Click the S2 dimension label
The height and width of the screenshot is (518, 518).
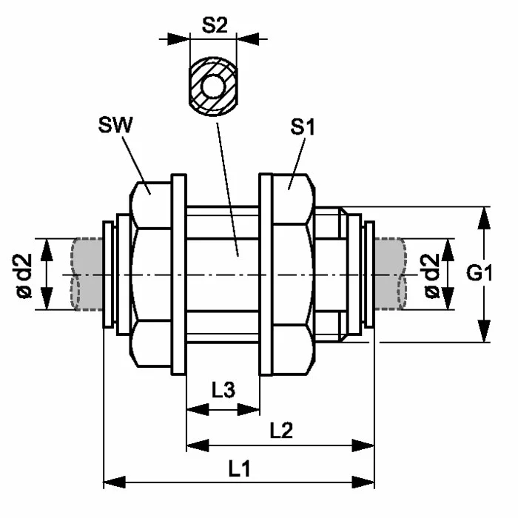click(x=214, y=25)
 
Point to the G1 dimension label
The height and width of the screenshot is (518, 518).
click(x=480, y=275)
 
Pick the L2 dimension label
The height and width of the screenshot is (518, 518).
click(x=280, y=430)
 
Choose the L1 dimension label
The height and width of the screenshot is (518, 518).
click(x=238, y=468)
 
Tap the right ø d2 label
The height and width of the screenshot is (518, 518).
click(x=431, y=275)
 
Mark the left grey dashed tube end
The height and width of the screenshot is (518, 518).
click(x=87, y=274)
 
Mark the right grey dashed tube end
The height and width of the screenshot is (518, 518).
click(x=391, y=274)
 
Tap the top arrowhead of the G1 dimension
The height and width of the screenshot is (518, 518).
click(x=484, y=214)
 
